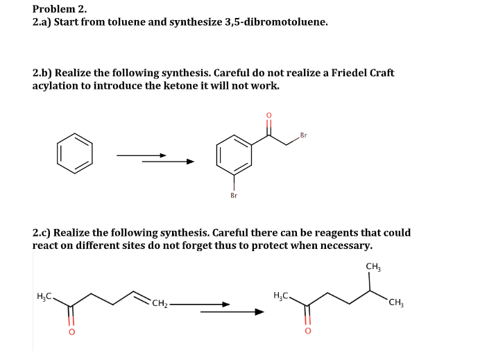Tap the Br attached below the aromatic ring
(x=233, y=196)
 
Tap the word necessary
(x=347, y=246)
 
